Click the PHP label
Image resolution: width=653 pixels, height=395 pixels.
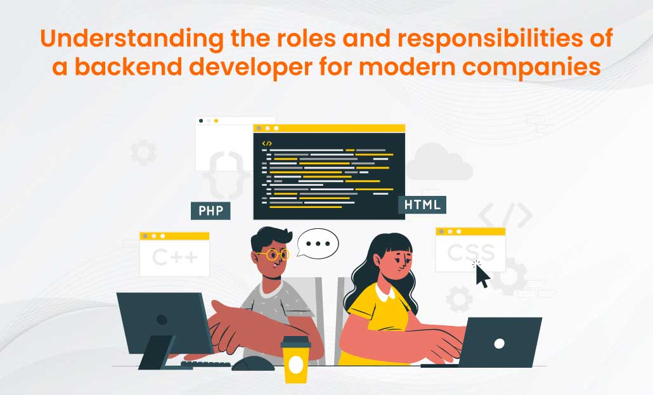click(210, 210)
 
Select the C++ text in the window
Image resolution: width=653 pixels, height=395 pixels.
click(174, 257)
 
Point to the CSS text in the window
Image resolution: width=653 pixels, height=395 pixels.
click(470, 252)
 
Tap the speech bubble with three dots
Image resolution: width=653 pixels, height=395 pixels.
click(318, 244)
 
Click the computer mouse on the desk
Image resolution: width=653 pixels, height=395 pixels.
click(253, 363)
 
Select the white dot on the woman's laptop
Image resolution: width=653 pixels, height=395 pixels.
click(499, 343)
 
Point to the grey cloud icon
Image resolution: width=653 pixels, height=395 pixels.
click(439, 163)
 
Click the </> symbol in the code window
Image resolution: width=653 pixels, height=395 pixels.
click(267, 143)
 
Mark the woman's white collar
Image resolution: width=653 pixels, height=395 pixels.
click(386, 293)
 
